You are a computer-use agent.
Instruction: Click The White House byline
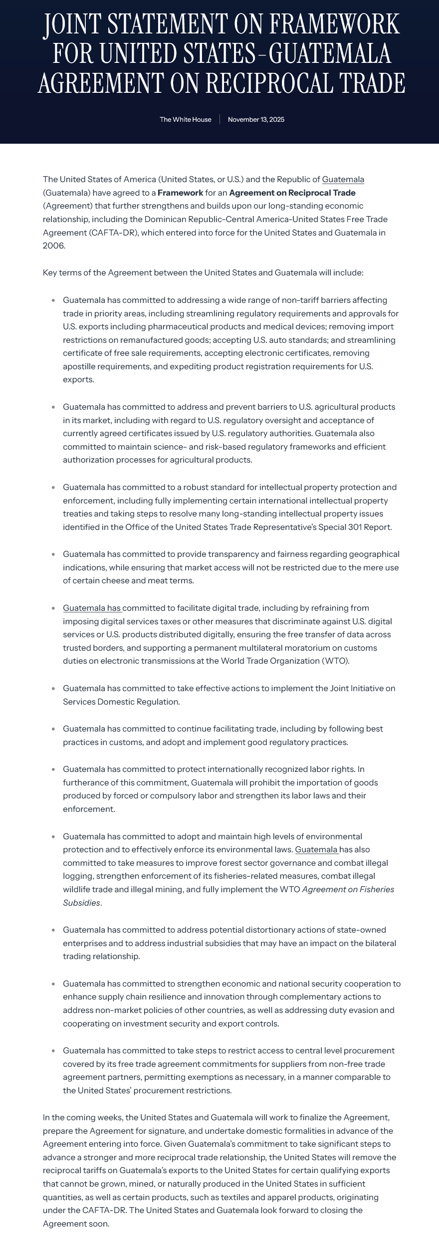(185, 119)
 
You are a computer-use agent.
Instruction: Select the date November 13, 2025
(256, 119)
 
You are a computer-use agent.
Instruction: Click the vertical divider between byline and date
(219, 119)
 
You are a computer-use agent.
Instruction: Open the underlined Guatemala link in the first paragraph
(343, 179)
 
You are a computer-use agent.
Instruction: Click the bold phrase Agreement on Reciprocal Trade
(292, 193)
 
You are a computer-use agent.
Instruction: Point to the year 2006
(53, 246)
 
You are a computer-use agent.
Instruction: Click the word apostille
(82, 366)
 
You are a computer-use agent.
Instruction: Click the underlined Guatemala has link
(92, 608)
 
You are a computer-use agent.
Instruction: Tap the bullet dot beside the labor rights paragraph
(53, 769)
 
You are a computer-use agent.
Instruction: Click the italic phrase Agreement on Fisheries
(348, 889)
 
